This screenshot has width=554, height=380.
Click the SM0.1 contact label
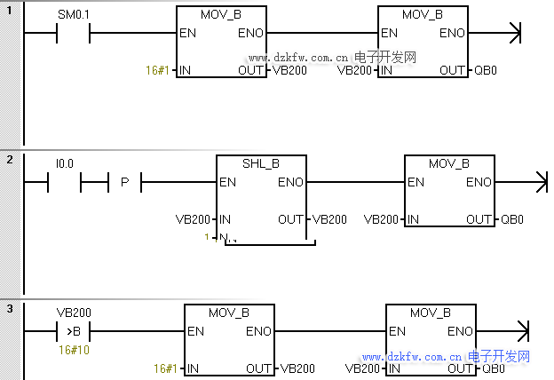[73, 15]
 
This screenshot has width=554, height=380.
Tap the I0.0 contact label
[65, 163]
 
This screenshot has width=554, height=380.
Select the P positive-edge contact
[124, 183]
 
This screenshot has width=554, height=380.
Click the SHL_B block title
[261, 164]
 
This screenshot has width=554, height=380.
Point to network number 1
[10, 10]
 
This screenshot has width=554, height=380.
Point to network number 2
[10, 159]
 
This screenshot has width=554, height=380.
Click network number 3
[10, 308]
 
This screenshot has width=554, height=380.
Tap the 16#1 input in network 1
[157, 69]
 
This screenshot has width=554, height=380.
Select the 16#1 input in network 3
[164, 368]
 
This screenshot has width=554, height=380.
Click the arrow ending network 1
[512, 34]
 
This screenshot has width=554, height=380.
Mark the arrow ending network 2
[538, 183]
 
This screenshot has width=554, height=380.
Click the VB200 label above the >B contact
[74, 313]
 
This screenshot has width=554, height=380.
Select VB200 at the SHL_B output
[330, 218]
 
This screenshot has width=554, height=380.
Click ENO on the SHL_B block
[290, 183]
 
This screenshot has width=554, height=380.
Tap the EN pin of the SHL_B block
[227, 183]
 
